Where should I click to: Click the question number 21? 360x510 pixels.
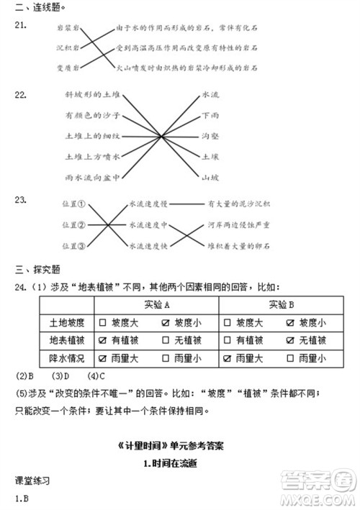[20, 25]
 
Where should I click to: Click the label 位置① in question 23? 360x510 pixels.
[74, 204]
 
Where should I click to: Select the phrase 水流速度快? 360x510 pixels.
[149, 245]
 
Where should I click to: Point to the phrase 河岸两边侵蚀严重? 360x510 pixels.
[238, 224]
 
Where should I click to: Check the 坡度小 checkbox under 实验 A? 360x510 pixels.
[168, 322]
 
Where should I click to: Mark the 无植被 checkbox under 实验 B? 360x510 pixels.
[292, 340]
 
